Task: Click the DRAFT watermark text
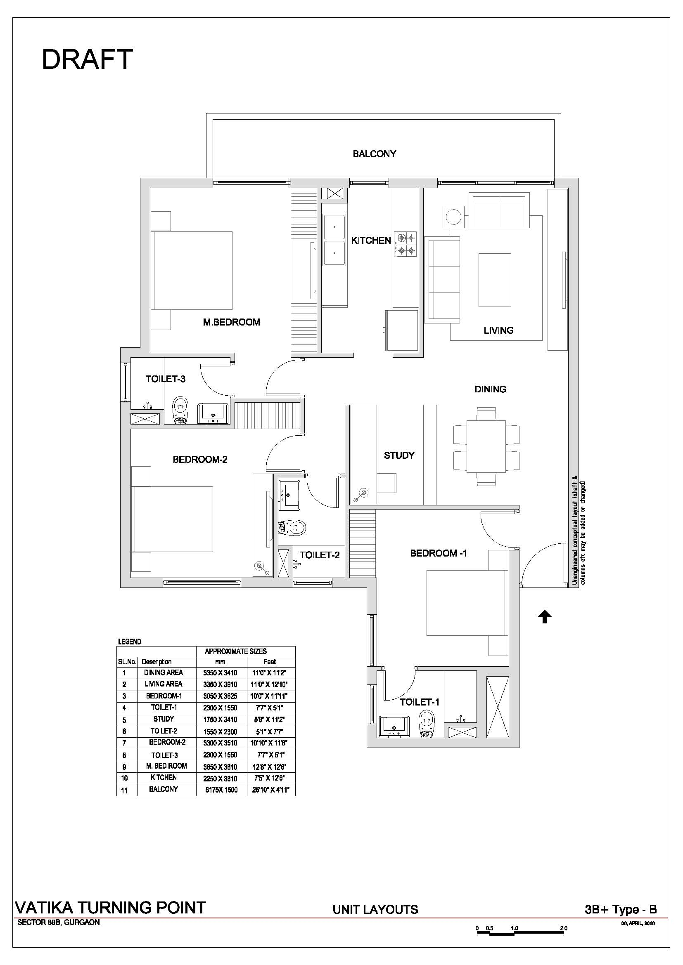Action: pos(87,59)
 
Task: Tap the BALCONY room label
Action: pos(374,154)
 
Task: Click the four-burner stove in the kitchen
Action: pos(405,244)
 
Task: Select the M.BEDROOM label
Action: pos(231,322)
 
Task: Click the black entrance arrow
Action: pos(545,617)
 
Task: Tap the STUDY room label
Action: pos(399,455)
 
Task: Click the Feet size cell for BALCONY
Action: pos(269,790)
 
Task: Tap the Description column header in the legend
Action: pos(157,661)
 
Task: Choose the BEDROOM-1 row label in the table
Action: pos(164,696)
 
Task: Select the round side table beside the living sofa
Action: pos(453,217)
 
